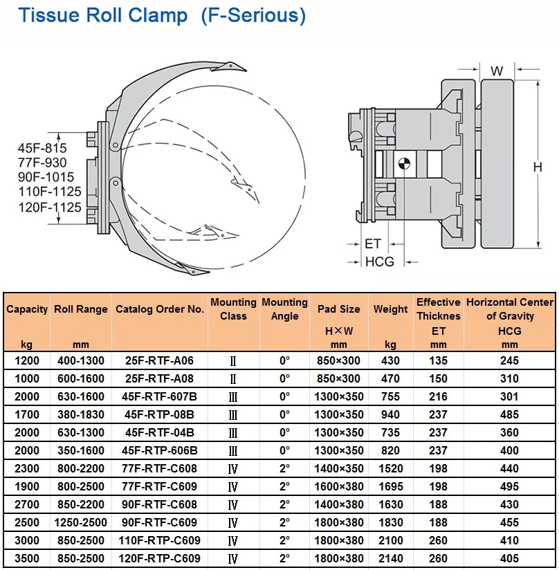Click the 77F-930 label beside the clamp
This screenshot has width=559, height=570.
42,163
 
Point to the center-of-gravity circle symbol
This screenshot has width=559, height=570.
404,163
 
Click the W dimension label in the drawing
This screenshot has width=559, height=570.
497,71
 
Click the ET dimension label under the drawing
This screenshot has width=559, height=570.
373,243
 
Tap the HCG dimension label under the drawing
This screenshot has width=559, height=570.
379,261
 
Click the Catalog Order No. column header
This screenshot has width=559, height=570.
160,309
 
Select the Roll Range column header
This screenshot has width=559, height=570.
81,309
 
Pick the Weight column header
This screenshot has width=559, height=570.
391,309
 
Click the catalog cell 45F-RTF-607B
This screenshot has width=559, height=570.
160,396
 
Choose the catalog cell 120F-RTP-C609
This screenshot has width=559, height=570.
160,558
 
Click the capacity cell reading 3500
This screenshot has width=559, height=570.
28,558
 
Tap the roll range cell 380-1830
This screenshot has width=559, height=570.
81,414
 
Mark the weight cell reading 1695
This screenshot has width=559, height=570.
391,486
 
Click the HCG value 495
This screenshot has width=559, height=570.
510,486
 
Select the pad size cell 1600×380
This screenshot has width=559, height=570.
339,486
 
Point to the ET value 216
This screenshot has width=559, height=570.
439,396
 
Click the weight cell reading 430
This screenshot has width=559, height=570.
391,360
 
